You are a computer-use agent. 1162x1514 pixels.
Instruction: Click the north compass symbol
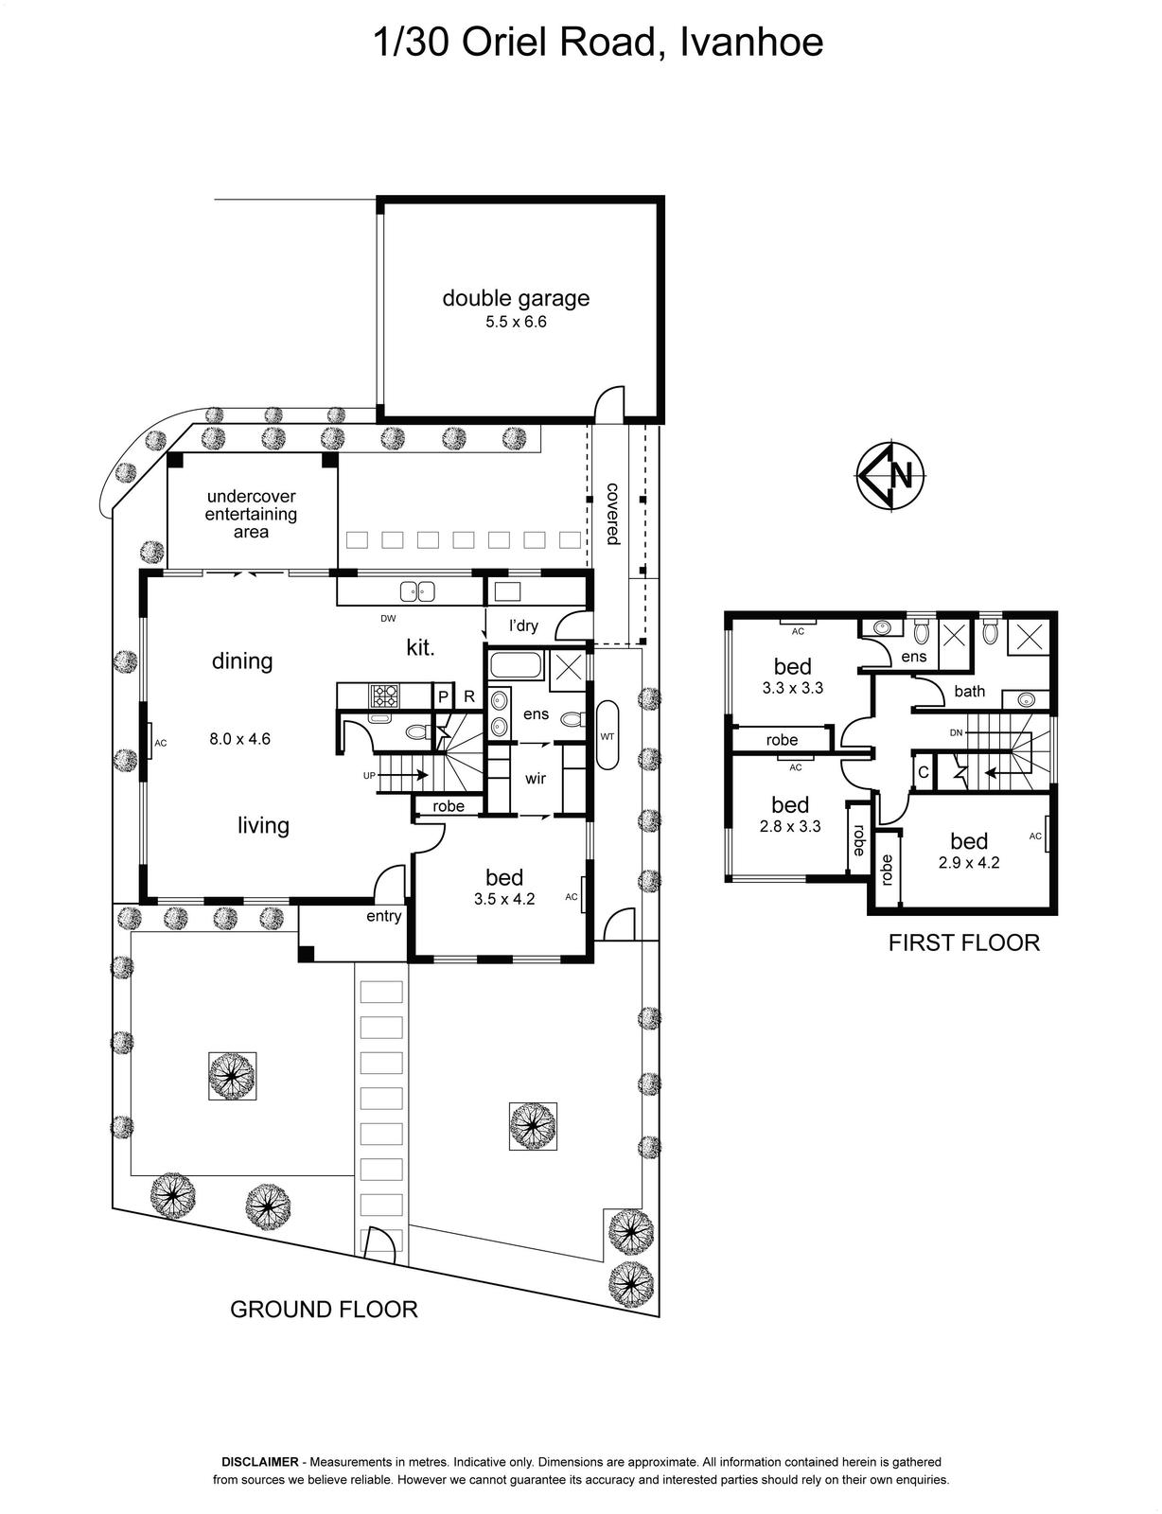890,477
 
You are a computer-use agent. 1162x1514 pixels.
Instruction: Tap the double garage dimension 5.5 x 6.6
516,322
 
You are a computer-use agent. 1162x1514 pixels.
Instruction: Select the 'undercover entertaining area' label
251,514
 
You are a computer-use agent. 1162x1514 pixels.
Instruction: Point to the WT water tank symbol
607,736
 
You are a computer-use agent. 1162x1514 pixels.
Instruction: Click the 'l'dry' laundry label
523,625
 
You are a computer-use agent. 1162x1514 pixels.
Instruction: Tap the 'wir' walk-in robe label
535,778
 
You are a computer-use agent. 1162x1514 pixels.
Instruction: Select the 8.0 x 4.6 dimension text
240,738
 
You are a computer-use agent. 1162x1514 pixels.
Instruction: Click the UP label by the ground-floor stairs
369,776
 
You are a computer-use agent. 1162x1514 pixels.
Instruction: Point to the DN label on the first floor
956,733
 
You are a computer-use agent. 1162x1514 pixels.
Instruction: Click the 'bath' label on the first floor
969,691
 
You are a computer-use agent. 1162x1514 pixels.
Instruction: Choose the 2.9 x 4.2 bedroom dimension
969,863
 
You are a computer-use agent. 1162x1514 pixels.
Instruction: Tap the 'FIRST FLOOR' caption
964,942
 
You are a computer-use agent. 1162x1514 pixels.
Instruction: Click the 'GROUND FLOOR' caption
324,1310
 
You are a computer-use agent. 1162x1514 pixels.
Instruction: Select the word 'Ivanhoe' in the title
751,42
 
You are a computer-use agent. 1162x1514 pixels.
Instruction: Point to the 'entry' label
384,916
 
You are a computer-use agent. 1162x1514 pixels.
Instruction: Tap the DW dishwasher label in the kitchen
388,618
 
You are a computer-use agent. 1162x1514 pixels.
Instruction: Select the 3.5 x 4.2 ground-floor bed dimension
504,899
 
